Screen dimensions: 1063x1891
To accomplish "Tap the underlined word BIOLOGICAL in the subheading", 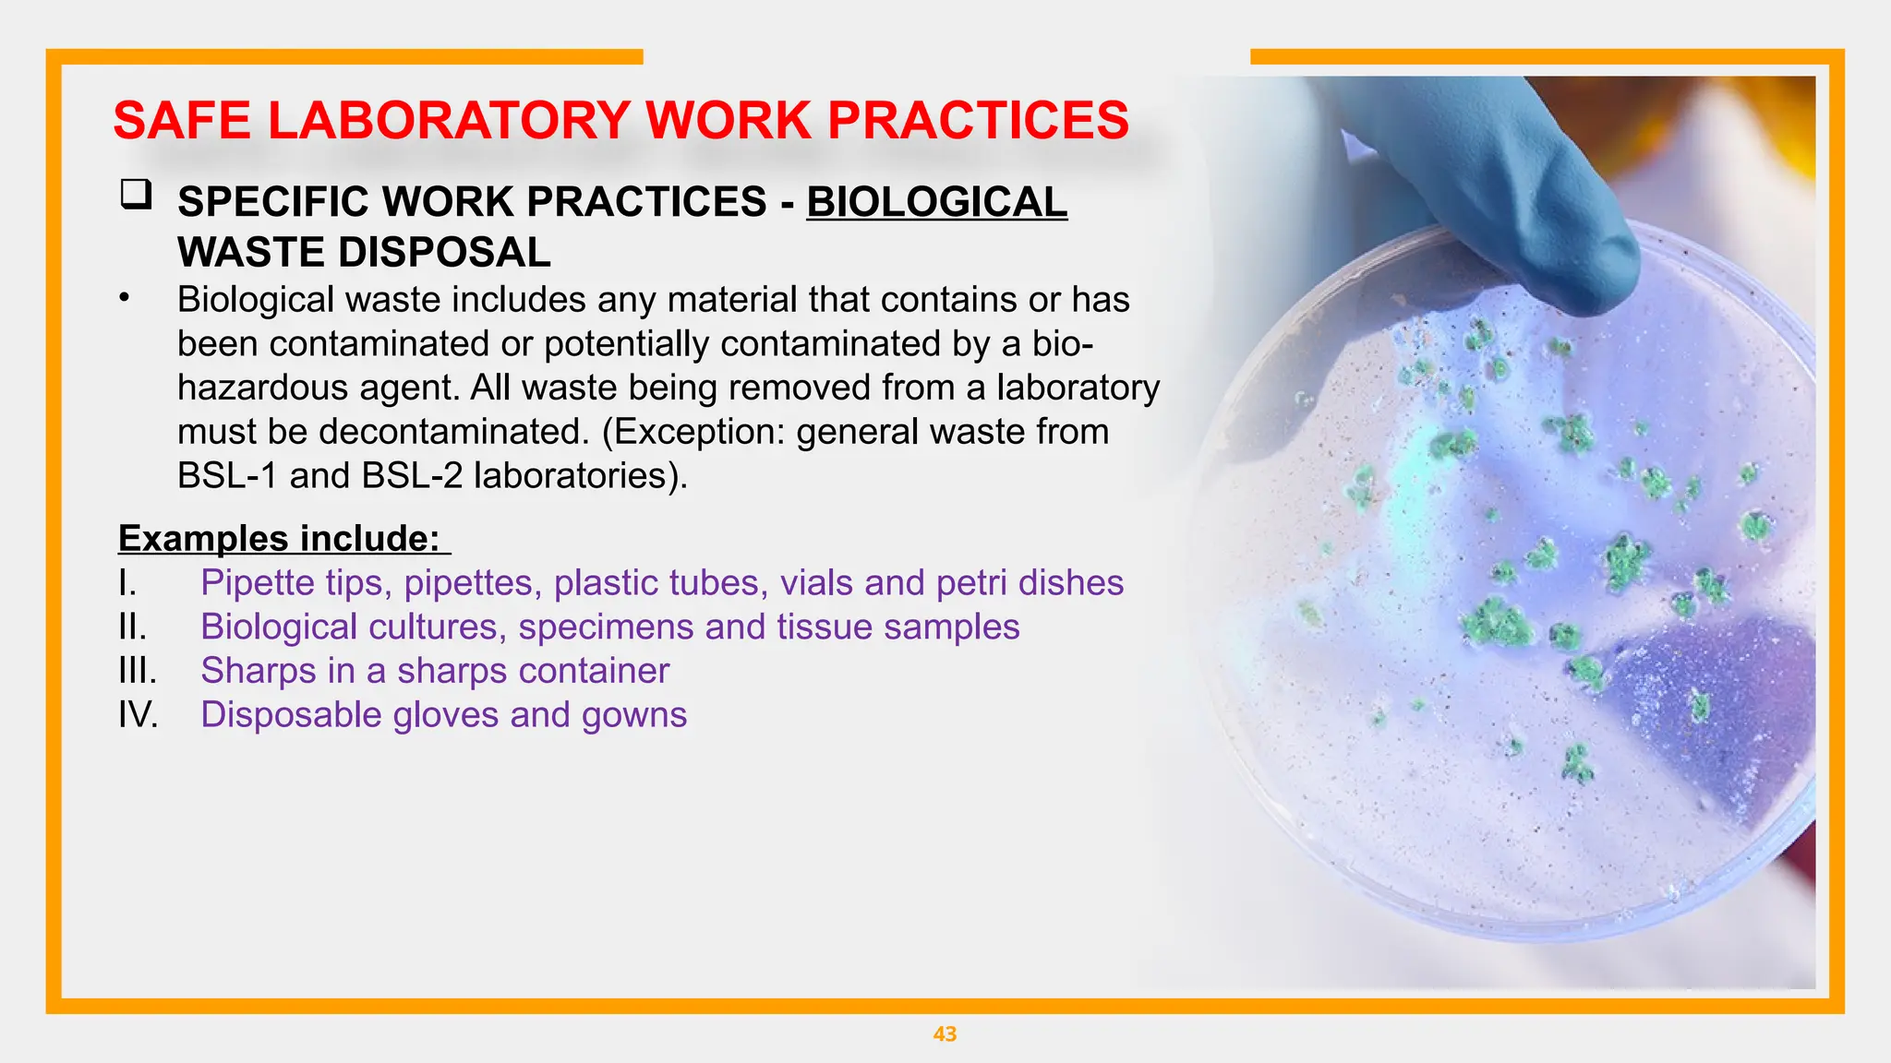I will tap(936, 202).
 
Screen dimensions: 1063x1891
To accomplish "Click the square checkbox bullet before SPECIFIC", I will tap(136, 195).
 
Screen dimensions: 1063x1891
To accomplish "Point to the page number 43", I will tap(945, 1034).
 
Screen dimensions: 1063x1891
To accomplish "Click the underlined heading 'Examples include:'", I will tap(280, 538).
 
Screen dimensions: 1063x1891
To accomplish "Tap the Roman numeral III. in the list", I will tap(138, 671).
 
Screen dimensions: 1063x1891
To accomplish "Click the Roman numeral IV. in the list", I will tap(139, 715).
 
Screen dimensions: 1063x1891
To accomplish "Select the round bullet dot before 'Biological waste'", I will tap(124, 298).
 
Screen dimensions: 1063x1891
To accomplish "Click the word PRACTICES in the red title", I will tap(978, 121).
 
